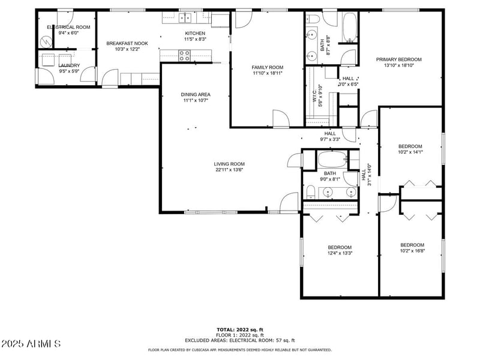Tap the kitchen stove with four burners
tap(185, 56)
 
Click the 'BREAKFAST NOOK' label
tap(127, 43)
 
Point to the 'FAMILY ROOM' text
tap(268, 67)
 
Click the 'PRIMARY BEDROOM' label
tap(398, 59)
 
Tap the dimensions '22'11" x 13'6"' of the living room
tap(230, 170)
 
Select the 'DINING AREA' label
tap(196, 94)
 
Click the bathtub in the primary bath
tap(350, 28)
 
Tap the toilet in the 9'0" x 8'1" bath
tap(310, 192)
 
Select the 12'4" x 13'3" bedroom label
tap(339, 247)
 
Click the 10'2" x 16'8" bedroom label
tap(412, 245)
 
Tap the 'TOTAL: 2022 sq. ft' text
tap(240, 329)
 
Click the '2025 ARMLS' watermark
tap(31, 344)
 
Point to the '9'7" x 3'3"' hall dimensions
tap(330, 139)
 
